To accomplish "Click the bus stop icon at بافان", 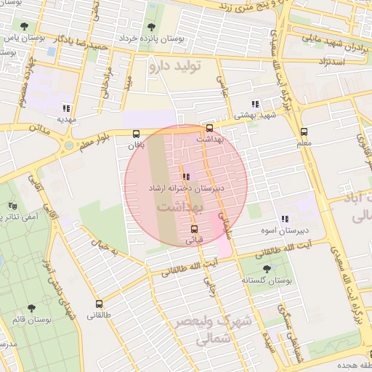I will [137, 134].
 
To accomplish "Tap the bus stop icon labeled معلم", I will [304, 132].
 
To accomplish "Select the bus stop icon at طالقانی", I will [99, 304].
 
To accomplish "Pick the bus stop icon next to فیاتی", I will [193, 227].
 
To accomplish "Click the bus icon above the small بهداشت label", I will [210, 128].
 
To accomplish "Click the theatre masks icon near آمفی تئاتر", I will [12, 206].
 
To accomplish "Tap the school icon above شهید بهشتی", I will [254, 104].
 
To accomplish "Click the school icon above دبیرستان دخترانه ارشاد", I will [187, 176].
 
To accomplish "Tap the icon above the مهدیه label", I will [66, 107].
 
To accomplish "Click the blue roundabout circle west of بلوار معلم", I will [68, 145].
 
